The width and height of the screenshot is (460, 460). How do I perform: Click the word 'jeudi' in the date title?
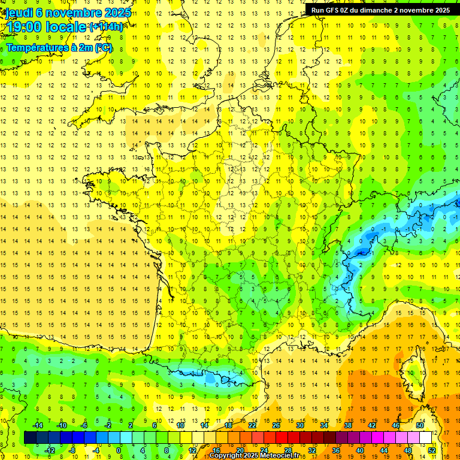click(19, 13)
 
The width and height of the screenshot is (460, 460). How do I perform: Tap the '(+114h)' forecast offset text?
click(107, 27)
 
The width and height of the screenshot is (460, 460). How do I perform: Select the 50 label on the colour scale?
click(419, 425)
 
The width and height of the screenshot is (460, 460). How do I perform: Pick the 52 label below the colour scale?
click(432, 450)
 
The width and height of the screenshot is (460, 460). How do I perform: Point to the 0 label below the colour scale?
click(119, 450)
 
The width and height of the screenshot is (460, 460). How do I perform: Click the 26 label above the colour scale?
click(276, 425)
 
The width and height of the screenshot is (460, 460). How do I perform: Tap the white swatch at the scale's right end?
click(425, 438)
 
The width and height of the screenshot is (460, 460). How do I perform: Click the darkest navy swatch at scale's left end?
click(30, 438)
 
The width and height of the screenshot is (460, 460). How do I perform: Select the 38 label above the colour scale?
click(348, 425)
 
